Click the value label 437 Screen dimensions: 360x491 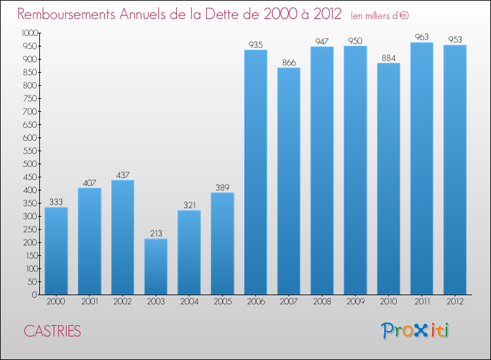[122, 175]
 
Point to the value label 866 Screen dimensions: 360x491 [289, 62]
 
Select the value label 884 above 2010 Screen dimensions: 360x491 [388, 58]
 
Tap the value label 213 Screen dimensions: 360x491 [156, 233]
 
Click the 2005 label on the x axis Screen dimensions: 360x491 [222, 301]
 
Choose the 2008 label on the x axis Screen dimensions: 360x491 [321, 301]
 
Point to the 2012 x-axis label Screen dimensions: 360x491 [454, 301]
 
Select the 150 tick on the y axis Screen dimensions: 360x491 [30, 255]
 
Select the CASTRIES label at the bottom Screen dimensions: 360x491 [52, 331]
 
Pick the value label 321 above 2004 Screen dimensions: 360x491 [189, 205]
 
